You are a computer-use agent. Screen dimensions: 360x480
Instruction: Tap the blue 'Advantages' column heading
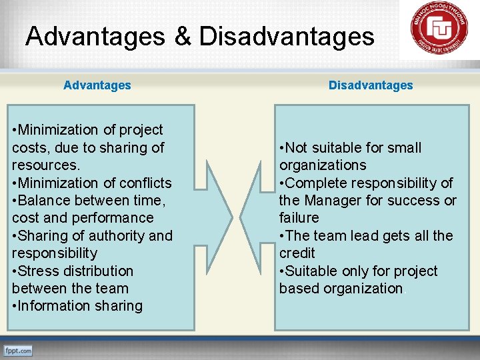click(x=97, y=85)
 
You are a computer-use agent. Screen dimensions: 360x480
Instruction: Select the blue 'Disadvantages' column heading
click(x=371, y=85)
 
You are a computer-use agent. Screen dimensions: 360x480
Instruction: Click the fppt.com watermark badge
click(x=18, y=350)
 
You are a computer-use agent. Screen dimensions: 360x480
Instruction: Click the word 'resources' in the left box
click(x=44, y=165)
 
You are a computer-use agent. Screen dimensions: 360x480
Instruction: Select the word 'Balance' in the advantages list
click(x=44, y=200)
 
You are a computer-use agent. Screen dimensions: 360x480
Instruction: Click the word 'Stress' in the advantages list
click(x=39, y=271)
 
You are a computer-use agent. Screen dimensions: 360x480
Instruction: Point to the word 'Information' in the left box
click(x=54, y=306)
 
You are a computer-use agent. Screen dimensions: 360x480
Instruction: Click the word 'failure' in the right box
click(x=299, y=218)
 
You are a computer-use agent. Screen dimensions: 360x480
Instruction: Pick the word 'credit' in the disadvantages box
click(x=297, y=253)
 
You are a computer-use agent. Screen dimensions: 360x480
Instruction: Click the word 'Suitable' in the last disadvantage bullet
click(x=313, y=271)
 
